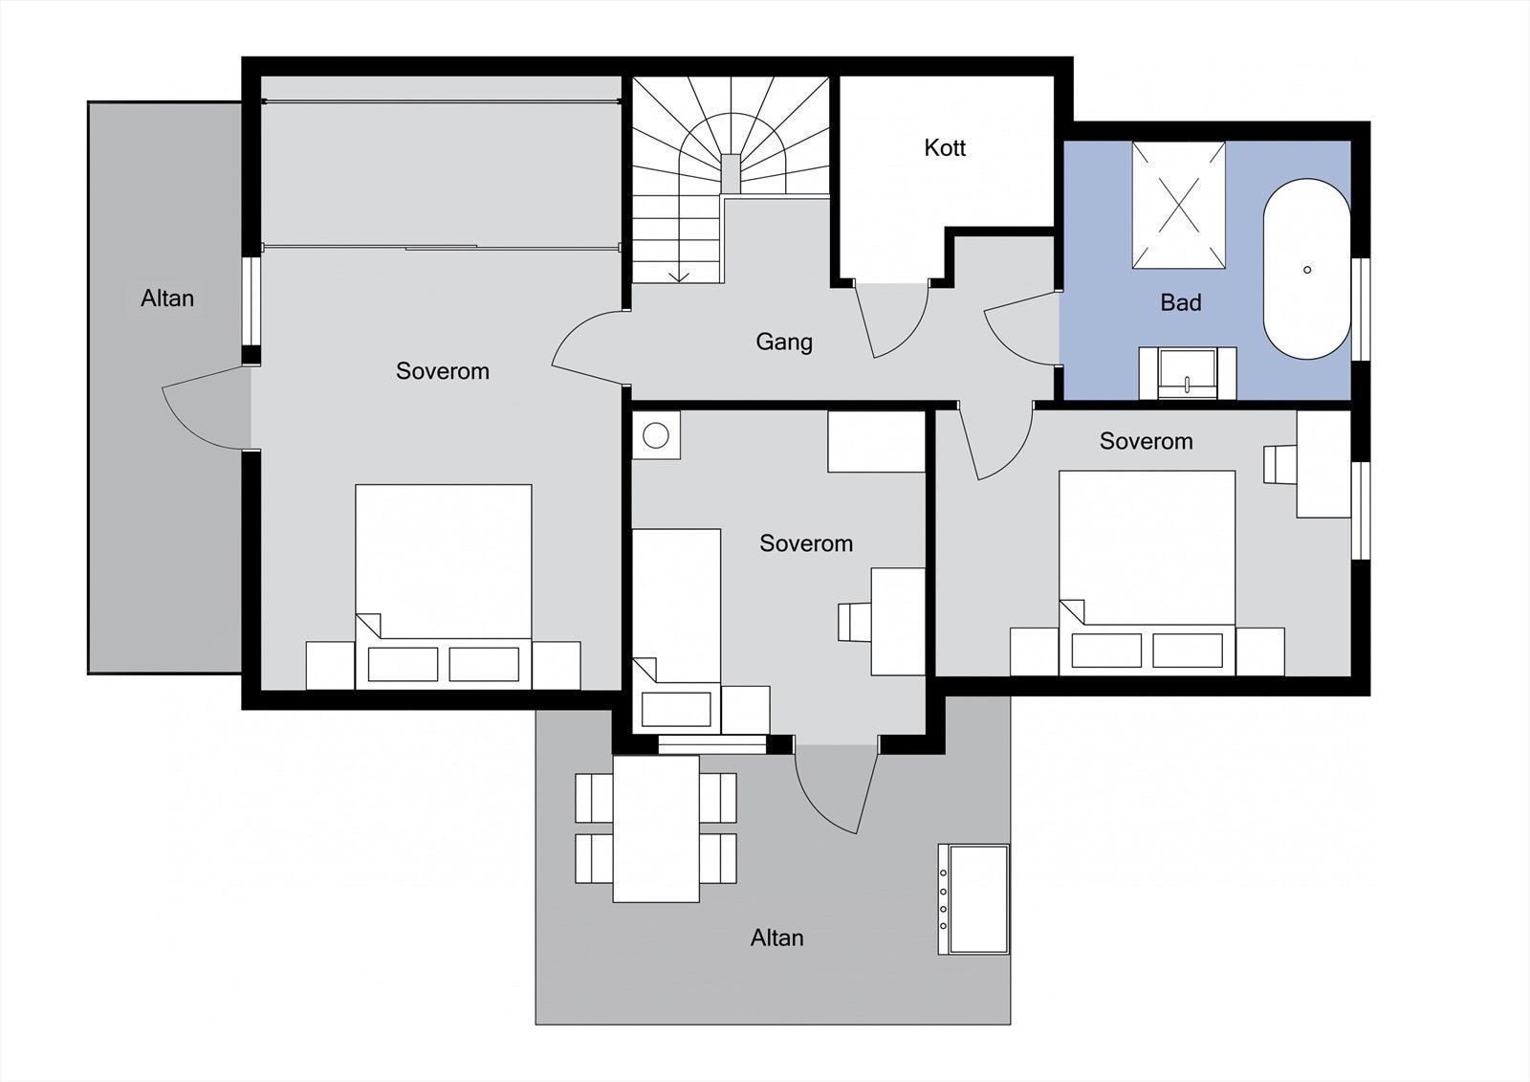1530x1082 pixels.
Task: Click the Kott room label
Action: point(945,148)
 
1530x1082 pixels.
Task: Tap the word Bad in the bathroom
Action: point(1180,303)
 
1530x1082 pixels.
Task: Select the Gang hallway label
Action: point(784,342)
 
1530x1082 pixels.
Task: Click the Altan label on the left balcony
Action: point(167,298)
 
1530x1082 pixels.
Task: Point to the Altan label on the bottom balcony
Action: point(776,938)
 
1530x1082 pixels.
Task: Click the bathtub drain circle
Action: point(1307,270)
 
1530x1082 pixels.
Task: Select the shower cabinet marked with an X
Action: point(1179,205)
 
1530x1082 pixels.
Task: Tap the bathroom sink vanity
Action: point(1187,373)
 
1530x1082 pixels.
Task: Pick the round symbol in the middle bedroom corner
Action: point(656,435)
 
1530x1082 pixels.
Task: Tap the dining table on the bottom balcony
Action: point(656,828)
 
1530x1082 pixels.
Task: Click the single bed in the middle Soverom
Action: point(676,612)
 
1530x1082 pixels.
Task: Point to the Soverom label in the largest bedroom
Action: point(442,371)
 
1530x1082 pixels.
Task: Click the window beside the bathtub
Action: point(1363,309)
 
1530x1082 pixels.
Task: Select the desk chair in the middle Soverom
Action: point(853,621)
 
